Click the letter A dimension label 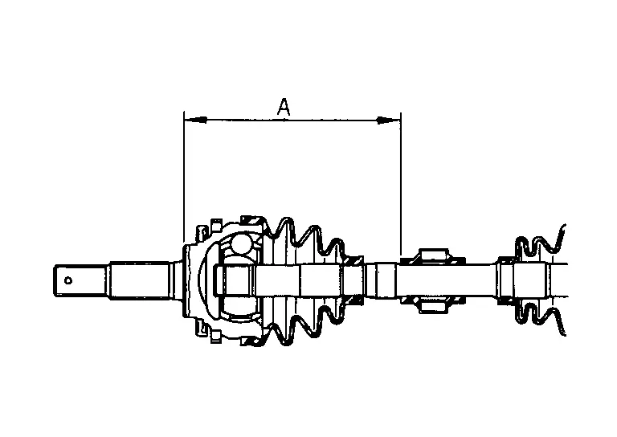[x=284, y=107]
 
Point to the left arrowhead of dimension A [x=195, y=120]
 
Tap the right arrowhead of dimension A [x=389, y=120]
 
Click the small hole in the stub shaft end [x=68, y=280]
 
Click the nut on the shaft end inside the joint [x=231, y=280]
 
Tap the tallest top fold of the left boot [x=284, y=233]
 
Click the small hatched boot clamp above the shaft [x=353, y=260]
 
